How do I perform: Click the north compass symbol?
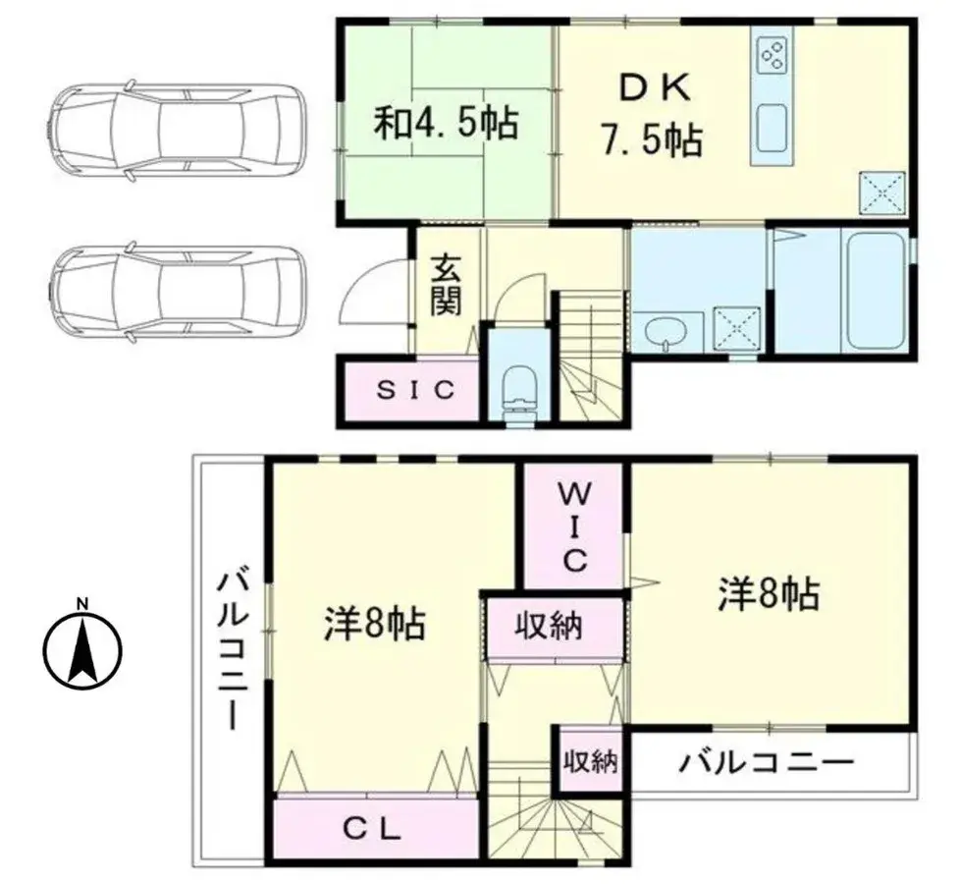point(82,649)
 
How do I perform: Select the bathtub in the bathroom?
point(878,291)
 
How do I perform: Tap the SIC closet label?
point(416,390)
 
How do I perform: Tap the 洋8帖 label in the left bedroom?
point(374,623)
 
